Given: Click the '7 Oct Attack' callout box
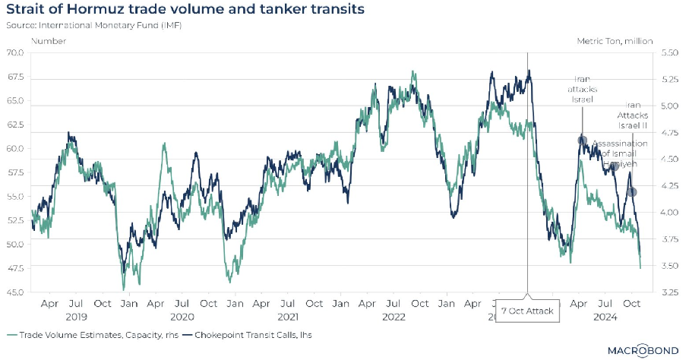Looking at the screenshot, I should tap(527, 311).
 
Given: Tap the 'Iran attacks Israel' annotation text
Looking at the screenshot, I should tap(582, 90).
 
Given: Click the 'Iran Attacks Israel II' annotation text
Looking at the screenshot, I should tap(632, 115).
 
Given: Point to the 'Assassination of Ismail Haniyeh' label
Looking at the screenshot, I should tap(619, 153).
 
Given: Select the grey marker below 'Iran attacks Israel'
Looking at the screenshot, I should tap(583, 141).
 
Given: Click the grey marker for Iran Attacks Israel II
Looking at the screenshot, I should tap(631, 191).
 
